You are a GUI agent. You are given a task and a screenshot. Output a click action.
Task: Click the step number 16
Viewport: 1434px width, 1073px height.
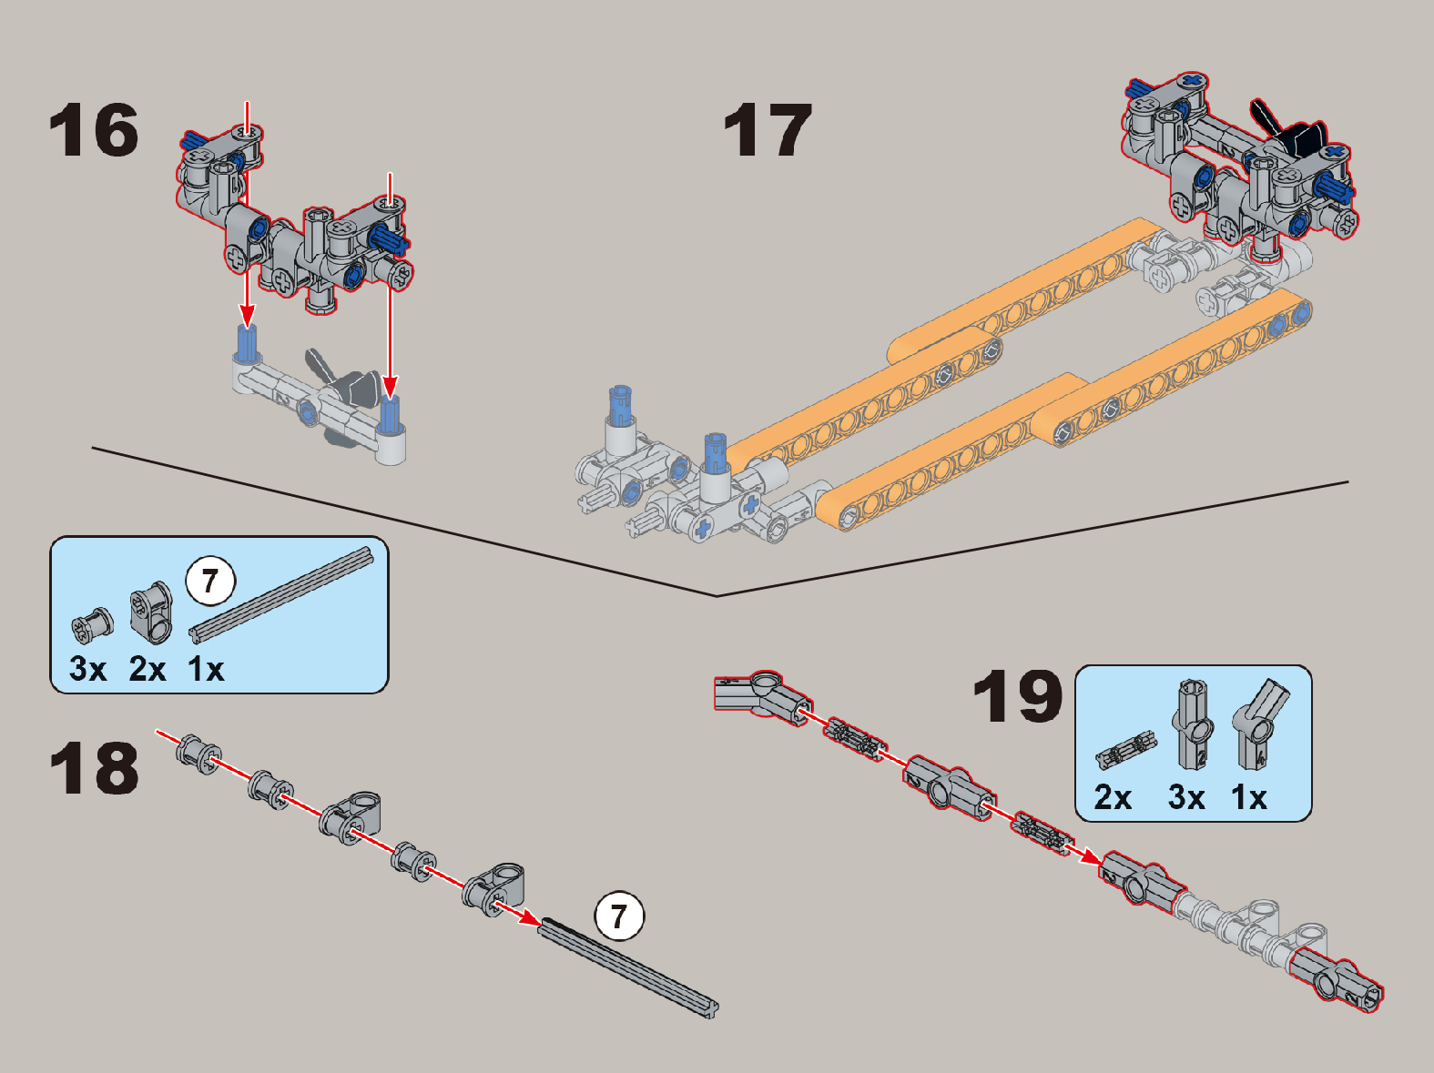pyautogui.click(x=94, y=131)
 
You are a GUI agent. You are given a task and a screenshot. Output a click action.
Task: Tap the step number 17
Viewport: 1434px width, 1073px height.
pyautogui.click(x=768, y=131)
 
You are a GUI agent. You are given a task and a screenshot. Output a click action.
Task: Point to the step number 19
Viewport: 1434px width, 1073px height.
pyautogui.click(x=1017, y=696)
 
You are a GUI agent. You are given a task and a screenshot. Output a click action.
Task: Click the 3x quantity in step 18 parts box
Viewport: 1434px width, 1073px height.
pyautogui.click(x=87, y=670)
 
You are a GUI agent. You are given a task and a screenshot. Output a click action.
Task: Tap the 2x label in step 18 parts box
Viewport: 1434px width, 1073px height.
pyautogui.click(x=147, y=670)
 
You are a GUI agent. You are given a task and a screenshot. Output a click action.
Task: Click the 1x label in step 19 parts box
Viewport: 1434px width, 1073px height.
pyautogui.click(x=1248, y=797)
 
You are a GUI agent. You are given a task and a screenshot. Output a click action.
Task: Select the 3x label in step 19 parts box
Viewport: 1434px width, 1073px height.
pyautogui.click(x=1186, y=797)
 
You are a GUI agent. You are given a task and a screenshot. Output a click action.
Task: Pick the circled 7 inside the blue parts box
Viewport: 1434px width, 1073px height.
pyautogui.click(x=210, y=581)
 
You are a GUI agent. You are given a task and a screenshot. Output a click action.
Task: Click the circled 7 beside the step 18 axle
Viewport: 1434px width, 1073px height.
pyautogui.click(x=619, y=916)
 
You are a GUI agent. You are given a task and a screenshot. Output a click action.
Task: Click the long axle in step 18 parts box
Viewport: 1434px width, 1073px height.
pyautogui.click(x=282, y=593)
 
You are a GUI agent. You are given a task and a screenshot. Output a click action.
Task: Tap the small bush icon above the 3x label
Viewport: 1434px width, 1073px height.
pyautogui.click(x=92, y=623)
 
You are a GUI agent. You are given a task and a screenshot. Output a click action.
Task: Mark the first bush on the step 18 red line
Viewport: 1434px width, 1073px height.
pyautogui.click(x=198, y=755)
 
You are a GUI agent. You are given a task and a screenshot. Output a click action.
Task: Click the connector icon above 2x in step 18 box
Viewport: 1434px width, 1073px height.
pyautogui.click(x=151, y=609)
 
